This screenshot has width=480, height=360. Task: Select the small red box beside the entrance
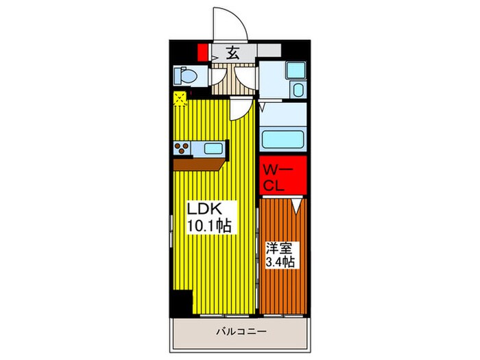202,53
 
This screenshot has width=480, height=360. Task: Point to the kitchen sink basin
213,147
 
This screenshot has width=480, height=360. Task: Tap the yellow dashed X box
180,99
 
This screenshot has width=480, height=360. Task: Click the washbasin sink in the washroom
298,88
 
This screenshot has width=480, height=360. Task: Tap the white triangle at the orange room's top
296,204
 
